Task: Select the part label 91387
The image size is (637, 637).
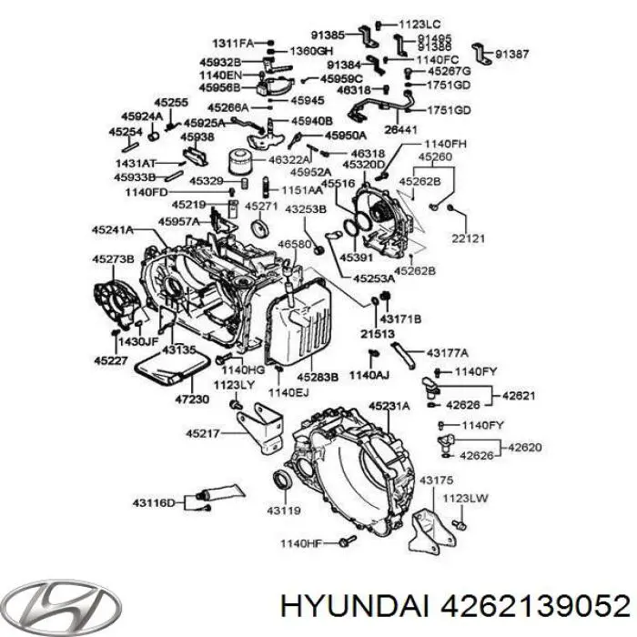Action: tap(511, 56)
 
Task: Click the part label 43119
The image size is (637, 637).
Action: tap(282, 511)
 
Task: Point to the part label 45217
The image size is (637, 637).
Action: tap(204, 433)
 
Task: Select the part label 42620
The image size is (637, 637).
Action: tap(524, 447)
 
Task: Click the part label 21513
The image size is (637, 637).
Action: tap(371, 335)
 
